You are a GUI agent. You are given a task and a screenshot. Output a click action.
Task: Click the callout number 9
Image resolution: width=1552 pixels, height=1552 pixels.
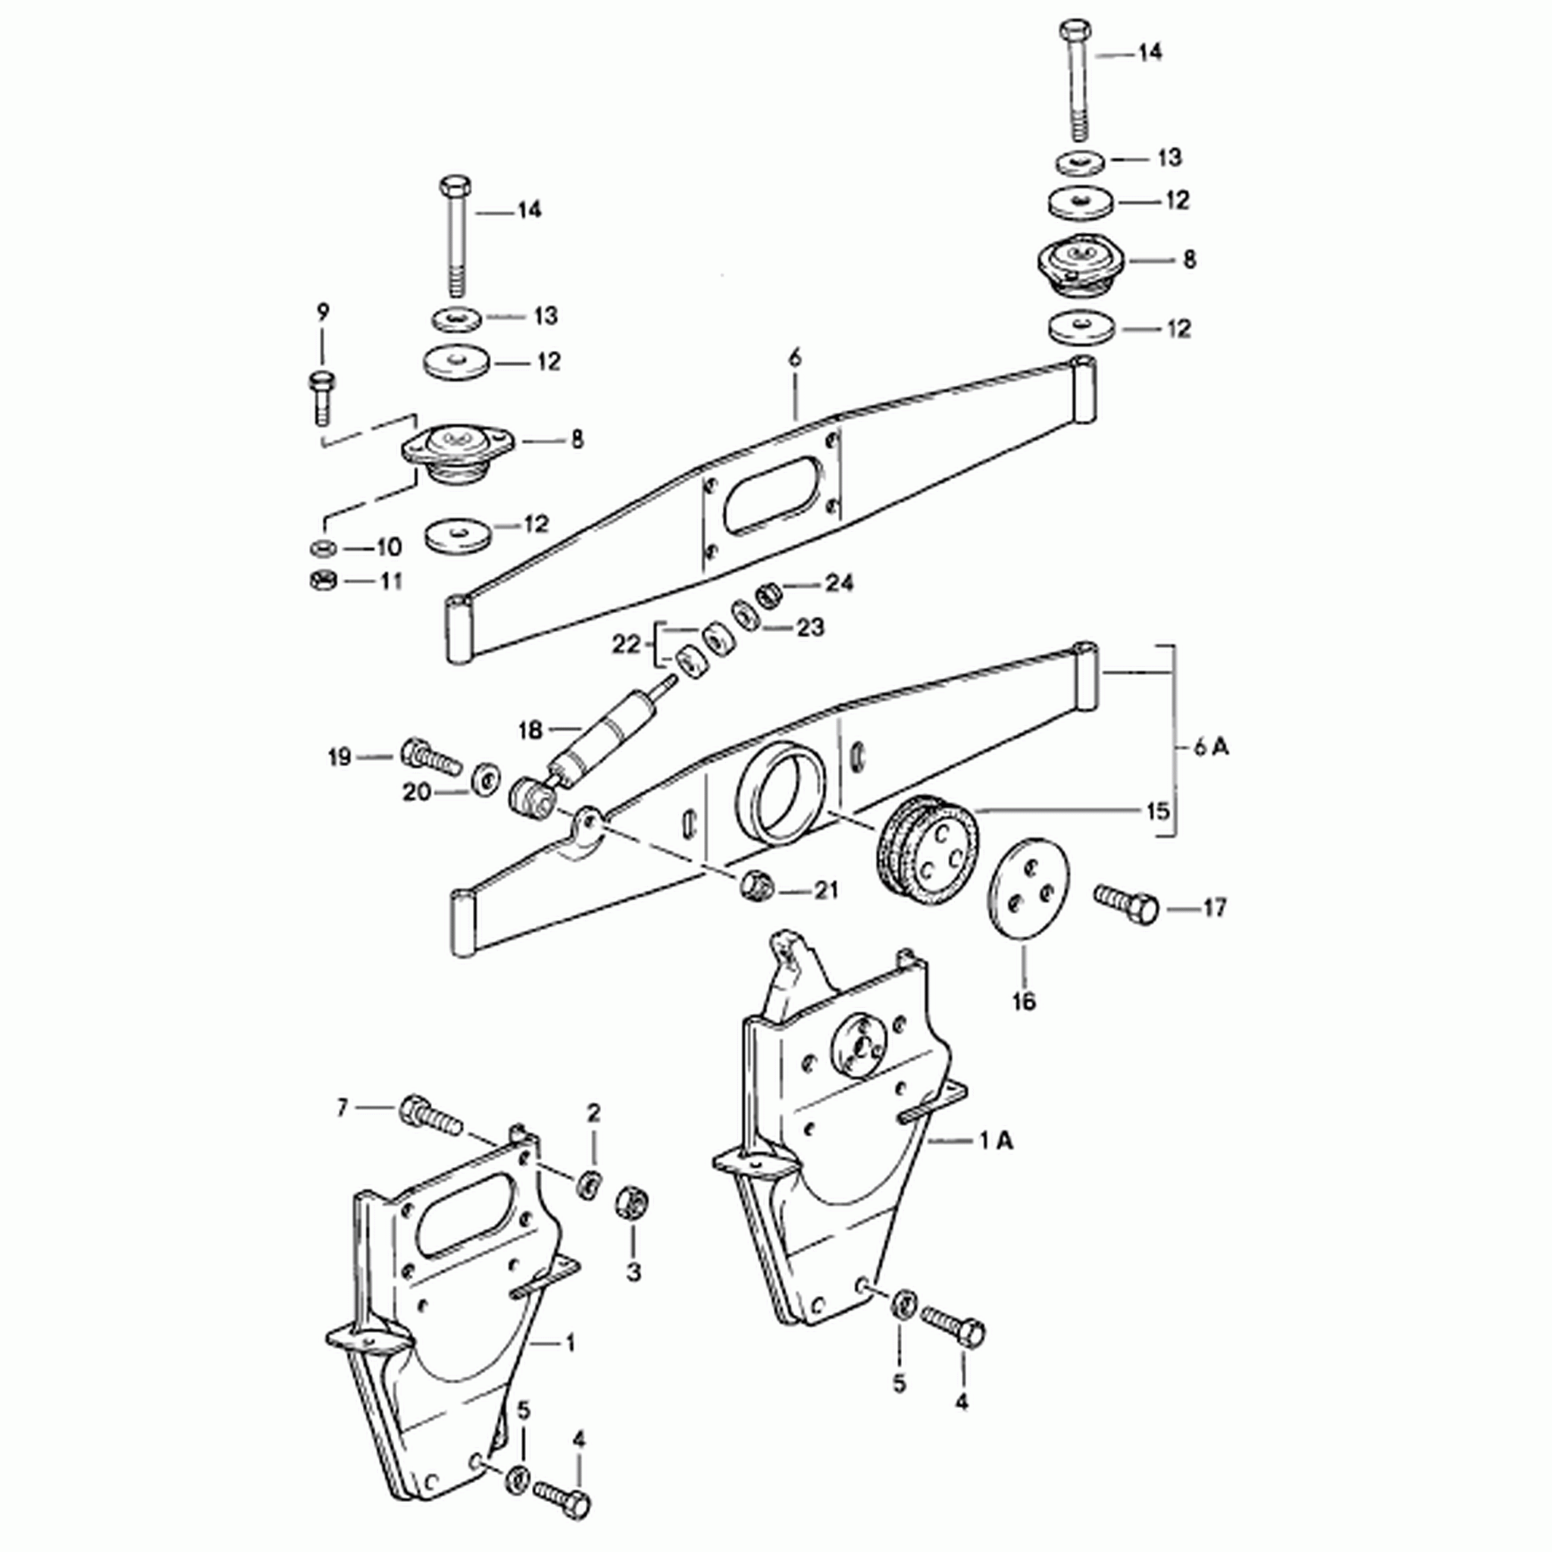point(323,312)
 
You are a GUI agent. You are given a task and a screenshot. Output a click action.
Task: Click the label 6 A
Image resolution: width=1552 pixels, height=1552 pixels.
point(1210,747)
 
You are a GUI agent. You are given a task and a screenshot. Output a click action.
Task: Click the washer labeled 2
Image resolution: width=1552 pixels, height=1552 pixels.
point(590,1185)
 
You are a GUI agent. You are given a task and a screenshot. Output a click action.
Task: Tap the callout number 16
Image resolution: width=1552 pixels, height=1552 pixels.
point(1025,1001)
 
